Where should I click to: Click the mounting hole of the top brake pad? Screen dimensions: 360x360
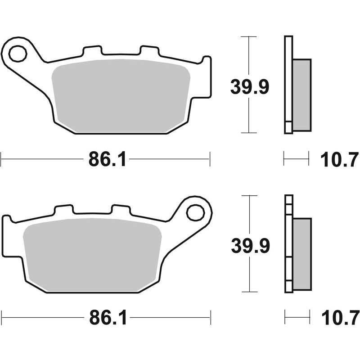point(18,54)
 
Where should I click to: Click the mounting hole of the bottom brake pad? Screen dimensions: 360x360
point(195,212)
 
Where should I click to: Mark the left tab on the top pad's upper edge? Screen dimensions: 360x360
point(91,51)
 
